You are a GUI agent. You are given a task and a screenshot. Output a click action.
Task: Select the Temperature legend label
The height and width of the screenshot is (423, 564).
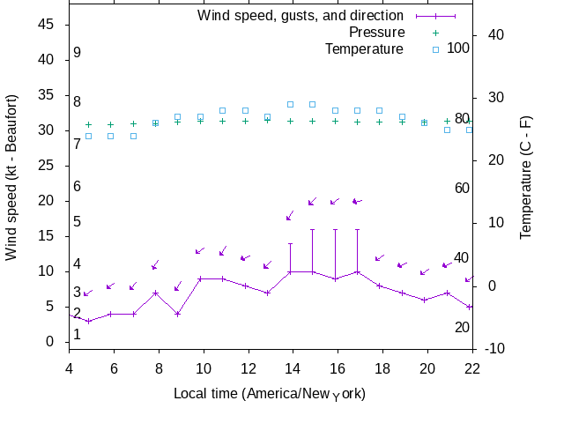[x=364, y=48]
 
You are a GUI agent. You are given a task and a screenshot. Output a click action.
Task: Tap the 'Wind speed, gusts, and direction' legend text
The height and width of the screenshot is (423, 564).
[x=301, y=16]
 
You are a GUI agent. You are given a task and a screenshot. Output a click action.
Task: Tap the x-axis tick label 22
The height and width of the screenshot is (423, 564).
[x=472, y=369]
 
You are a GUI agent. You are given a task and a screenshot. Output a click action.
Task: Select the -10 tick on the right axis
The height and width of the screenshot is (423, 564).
[x=494, y=349]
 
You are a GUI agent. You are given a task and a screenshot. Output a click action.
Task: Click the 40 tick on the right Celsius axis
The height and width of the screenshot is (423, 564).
[x=494, y=34]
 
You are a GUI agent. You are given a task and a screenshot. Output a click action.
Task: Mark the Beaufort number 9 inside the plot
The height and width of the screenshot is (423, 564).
[x=78, y=53]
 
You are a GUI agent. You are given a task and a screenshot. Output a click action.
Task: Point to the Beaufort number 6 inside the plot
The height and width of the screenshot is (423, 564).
[x=78, y=186]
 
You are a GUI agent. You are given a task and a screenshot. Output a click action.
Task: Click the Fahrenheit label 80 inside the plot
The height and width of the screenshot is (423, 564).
[x=462, y=118]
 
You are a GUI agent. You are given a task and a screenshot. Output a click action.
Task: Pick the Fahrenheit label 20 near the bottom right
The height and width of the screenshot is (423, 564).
[x=462, y=327]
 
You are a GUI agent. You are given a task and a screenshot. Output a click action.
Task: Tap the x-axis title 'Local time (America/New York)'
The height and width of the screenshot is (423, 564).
[x=270, y=393]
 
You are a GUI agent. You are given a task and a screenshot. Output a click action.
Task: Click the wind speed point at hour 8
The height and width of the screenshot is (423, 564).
[x=155, y=293]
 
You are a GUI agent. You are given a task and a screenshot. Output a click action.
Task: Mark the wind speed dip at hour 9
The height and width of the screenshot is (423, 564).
[x=177, y=314]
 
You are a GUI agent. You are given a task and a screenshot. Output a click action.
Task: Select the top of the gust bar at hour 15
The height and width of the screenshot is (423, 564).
[x=312, y=229]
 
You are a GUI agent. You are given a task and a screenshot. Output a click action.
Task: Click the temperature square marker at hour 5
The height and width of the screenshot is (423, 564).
[x=88, y=136]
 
